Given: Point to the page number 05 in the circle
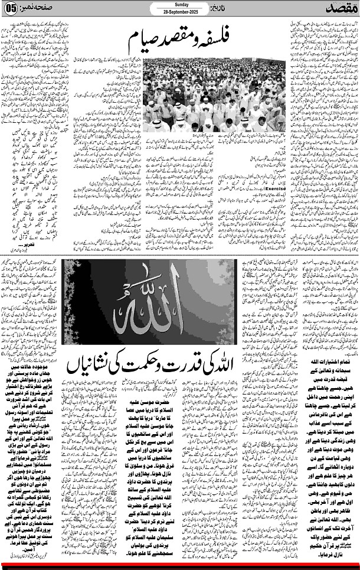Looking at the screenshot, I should tap(12, 9).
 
